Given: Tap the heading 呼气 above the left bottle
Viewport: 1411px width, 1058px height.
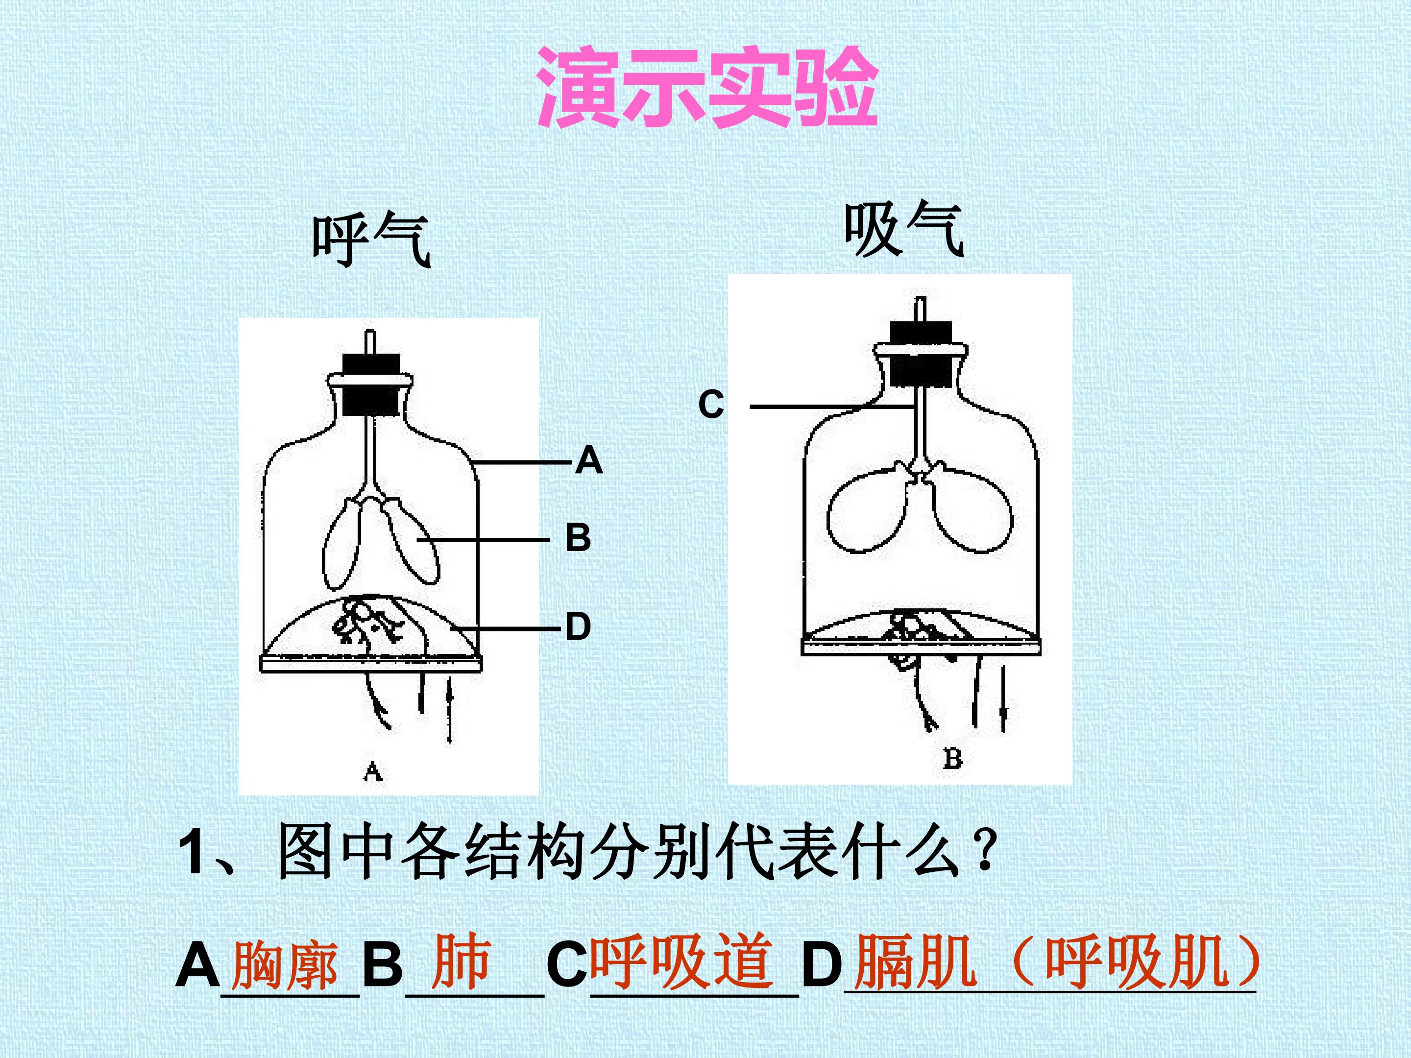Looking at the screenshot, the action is [x=372, y=240].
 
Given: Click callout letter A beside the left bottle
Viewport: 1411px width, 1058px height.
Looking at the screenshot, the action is [x=588, y=460].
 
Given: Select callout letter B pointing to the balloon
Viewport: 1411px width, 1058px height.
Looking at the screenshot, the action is [x=578, y=538].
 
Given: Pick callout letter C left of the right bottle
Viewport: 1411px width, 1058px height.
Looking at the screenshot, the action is [x=711, y=404].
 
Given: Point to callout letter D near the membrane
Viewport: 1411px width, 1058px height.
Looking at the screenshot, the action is [x=578, y=626].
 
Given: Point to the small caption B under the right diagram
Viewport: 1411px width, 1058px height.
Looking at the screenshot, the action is [x=952, y=758].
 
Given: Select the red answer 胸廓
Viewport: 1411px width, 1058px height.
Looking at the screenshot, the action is [x=285, y=965].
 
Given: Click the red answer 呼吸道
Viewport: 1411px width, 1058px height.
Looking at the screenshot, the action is [x=681, y=961].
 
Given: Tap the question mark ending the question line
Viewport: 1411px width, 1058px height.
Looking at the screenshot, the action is [x=986, y=851].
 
